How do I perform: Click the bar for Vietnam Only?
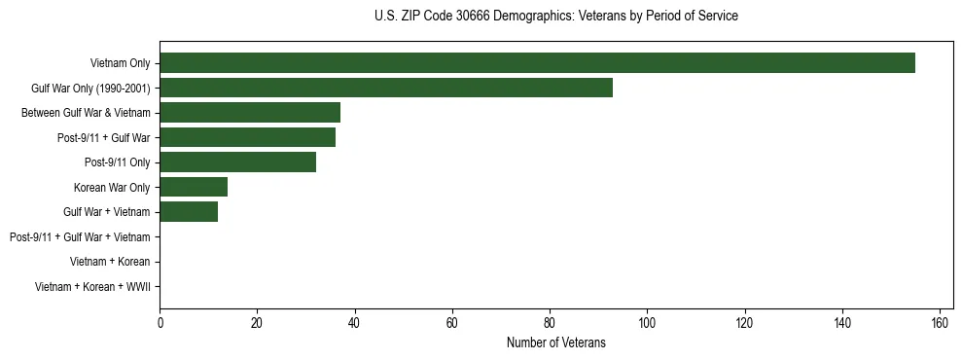pyautogui.click(x=537, y=63)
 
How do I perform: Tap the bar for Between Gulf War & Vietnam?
pyautogui.click(x=250, y=113)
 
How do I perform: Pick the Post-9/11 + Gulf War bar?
pyautogui.click(x=247, y=137)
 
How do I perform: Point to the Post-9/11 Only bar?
pyautogui.click(x=237, y=162)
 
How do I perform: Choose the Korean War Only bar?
pyautogui.click(x=194, y=187)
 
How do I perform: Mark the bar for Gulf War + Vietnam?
pyautogui.click(x=189, y=212)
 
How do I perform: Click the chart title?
pyautogui.click(x=555, y=17)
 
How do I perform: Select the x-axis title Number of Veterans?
pyautogui.click(x=555, y=342)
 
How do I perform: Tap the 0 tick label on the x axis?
pyautogui.click(x=160, y=323)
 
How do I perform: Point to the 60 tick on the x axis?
pyautogui.click(x=452, y=323)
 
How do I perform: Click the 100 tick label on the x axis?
pyautogui.click(x=647, y=323)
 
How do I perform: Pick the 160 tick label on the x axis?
pyautogui.click(x=940, y=323)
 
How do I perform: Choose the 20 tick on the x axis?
pyautogui.click(x=257, y=323)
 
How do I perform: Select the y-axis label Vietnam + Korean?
pyautogui.click(x=110, y=262)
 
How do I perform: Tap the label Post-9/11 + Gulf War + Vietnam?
pyautogui.click(x=80, y=237)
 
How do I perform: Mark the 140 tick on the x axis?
pyautogui.click(x=842, y=323)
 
